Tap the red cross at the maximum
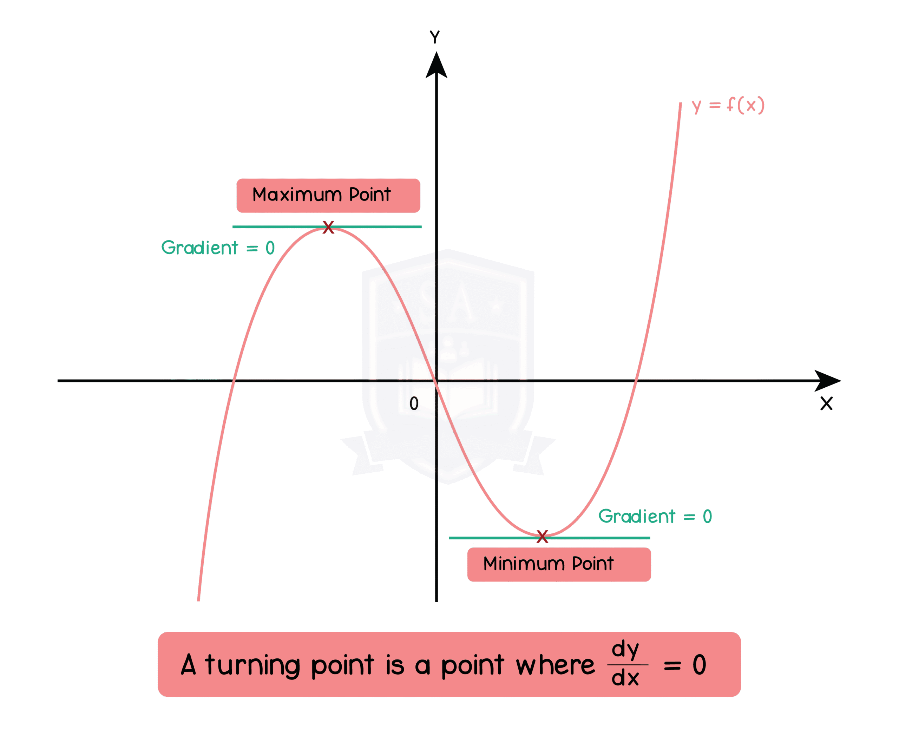click(328, 227)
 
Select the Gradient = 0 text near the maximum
click(218, 248)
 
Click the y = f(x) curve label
click(728, 105)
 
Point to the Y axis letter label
click(435, 37)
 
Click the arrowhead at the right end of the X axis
click(827, 381)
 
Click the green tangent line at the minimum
click(602, 538)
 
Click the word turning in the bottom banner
click(253, 666)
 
